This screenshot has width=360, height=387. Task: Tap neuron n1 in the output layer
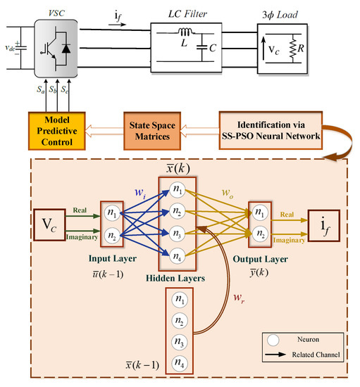click(x=260, y=212)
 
